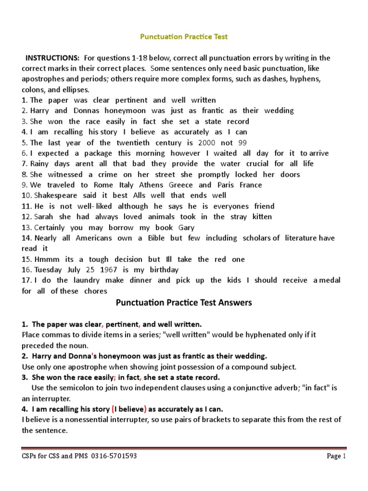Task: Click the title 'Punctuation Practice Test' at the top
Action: tap(184, 36)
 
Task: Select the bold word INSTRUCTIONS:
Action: tap(52, 58)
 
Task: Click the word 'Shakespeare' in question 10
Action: tap(55, 196)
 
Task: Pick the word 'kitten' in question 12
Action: tap(259, 217)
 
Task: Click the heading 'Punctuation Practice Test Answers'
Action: tap(184, 303)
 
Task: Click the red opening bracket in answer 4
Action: tap(113, 409)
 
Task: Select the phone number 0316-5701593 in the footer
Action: tap(113, 456)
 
